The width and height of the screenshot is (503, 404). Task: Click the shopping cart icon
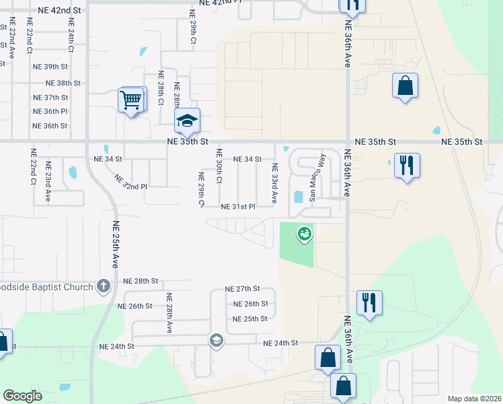click(x=132, y=100)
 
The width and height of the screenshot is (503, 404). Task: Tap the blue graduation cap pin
click(x=188, y=121)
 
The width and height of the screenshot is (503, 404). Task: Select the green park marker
click(x=304, y=233)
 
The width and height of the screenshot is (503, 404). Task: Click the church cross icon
click(x=103, y=287)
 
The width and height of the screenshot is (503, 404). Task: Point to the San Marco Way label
click(x=317, y=178)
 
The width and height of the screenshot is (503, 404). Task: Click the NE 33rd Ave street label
click(x=274, y=182)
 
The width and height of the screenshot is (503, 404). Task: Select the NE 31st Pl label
click(x=238, y=206)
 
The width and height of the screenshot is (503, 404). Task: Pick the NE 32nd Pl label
click(x=130, y=182)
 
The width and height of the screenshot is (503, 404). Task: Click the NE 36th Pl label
click(x=50, y=111)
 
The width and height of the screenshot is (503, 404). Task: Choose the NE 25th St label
click(x=250, y=318)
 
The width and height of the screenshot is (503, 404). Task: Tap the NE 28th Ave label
click(x=169, y=313)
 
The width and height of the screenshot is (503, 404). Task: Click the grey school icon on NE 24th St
click(x=216, y=339)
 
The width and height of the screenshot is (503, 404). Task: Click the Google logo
click(x=23, y=396)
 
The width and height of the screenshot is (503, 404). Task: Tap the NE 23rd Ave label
click(x=48, y=181)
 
